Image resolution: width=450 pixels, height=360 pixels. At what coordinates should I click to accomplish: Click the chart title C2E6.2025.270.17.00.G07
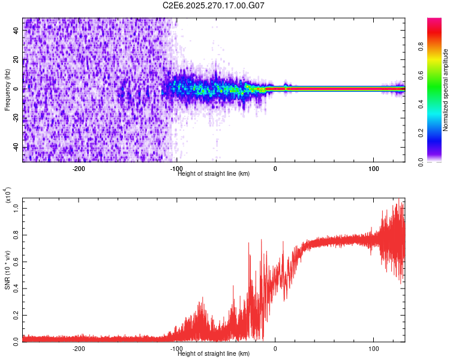tap(214, 5)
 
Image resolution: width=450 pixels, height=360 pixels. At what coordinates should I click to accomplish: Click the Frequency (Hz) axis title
tap(7, 89)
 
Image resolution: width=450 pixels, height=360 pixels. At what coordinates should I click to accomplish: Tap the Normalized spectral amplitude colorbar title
tap(446, 90)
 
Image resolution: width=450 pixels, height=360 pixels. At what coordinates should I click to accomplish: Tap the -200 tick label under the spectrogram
tap(78, 169)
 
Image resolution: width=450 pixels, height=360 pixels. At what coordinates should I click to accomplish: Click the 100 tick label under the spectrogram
tap(373, 169)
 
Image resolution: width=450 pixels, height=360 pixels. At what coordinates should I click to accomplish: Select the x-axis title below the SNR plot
tap(214, 354)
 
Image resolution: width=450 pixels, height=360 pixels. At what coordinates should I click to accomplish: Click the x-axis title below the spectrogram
tap(214, 174)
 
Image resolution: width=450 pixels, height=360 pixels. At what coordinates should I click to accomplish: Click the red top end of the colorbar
tap(434, 20)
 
